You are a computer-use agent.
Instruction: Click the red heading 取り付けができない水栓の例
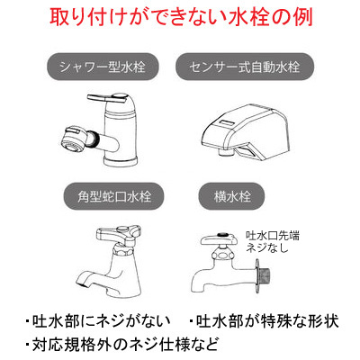(181, 18)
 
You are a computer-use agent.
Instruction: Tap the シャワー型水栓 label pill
(103, 67)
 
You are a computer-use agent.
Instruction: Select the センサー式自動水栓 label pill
(245, 67)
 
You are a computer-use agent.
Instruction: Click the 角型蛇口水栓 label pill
(114, 196)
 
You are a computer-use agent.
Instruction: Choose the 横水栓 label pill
(232, 196)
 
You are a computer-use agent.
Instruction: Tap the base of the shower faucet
(121, 161)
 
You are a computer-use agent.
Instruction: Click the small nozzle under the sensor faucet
(226, 152)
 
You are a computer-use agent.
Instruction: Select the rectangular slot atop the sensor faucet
(228, 122)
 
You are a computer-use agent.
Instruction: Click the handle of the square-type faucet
(118, 233)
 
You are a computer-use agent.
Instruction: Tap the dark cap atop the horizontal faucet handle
(222, 233)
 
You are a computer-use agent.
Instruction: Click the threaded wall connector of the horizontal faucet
(265, 275)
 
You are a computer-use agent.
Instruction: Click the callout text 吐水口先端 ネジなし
(273, 241)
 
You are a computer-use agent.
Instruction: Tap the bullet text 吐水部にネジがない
(98, 321)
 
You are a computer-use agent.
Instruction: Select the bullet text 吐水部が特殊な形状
(264, 321)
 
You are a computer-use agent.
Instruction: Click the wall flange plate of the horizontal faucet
(256, 276)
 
